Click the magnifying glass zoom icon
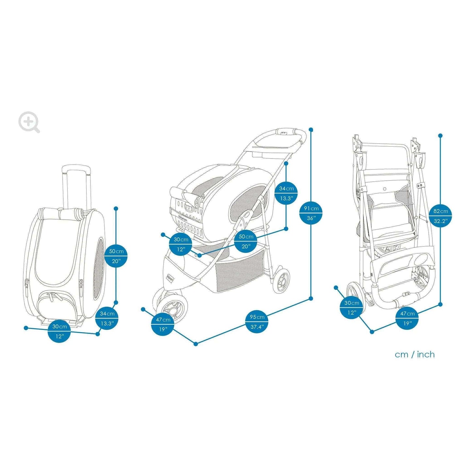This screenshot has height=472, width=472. pyautogui.click(x=29, y=122)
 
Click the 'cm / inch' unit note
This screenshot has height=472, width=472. pyautogui.click(x=415, y=354)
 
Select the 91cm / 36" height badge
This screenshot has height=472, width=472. pyautogui.click(x=311, y=213)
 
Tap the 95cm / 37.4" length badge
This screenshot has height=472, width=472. pyautogui.click(x=257, y=322)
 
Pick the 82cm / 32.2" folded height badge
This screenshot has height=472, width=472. pyautogui.click(x=441, y=216)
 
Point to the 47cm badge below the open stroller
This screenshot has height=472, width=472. pyautogui.click(x=163, y=324)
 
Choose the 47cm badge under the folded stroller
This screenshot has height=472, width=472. pyautogui.click(x=407, y=318)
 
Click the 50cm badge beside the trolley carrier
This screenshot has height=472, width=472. pyautogui.click(x=116, y=256)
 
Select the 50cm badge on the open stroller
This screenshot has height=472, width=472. pyautogui.click(x=246, y=241)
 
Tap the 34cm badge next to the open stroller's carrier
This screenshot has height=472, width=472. pyautogui.click(x=286, y=193)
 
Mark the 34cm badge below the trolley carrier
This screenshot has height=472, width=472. pyautogui.click(x=107, y=318)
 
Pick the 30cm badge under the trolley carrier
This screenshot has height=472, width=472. pyautogui.click(x=59, y=331)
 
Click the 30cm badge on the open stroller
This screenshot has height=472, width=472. pyautogui.click(x=181, y=244)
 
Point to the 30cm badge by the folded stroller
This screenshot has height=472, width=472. pyautogui.click(x=351, y=307)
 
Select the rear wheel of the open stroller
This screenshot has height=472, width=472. pyautogui.click(x=281, y=280)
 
